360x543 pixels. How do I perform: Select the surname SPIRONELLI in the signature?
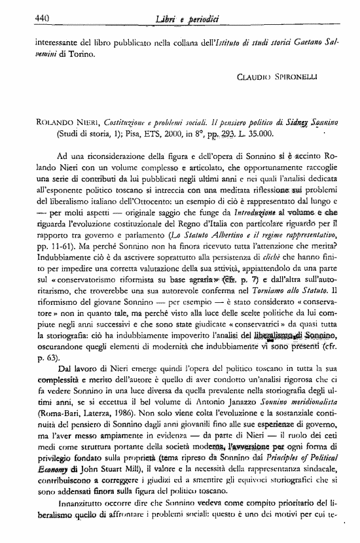pos(311,77)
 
